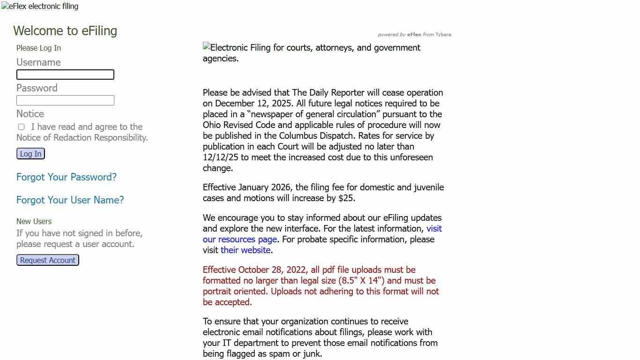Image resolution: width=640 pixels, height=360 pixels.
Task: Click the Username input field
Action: (65, 75)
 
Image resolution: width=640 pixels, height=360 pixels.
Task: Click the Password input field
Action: (65, 100)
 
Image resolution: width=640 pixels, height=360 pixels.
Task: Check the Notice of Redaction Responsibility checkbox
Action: (21, 127)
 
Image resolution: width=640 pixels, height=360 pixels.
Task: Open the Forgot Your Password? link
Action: (67, 177)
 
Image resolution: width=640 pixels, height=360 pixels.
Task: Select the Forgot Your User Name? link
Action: (70, 200)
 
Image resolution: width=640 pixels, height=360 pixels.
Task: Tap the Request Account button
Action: (48, 260)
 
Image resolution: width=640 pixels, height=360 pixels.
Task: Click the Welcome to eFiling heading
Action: (65, 31)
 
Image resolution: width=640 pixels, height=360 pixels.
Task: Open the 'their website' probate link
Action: (246, 250)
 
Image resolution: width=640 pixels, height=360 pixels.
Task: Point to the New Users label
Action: (34, 221)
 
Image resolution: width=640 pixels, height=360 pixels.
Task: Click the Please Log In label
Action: (38, 48)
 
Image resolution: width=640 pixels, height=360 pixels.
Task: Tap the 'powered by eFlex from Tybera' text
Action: (414, 35)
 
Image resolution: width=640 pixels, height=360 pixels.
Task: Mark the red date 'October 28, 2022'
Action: (273, 270)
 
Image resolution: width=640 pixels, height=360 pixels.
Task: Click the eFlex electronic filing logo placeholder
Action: (40, 7)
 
